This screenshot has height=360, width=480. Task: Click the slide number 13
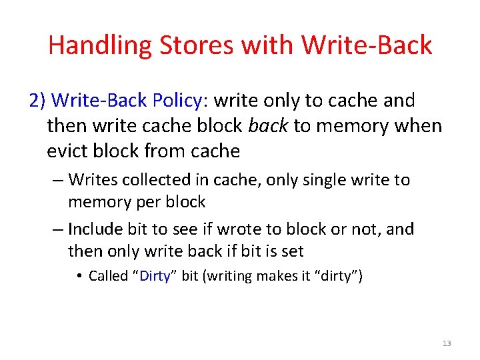coord(446,343)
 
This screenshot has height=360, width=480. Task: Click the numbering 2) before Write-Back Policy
coord(38,101)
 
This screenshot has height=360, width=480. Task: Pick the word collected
coord(147,179)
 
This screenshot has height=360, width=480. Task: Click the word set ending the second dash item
coord(292,251)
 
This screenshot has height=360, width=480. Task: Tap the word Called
coord(109,275)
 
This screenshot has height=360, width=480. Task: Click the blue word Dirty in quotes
coord(155,275)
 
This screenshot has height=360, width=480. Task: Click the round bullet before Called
coord(80,276)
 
